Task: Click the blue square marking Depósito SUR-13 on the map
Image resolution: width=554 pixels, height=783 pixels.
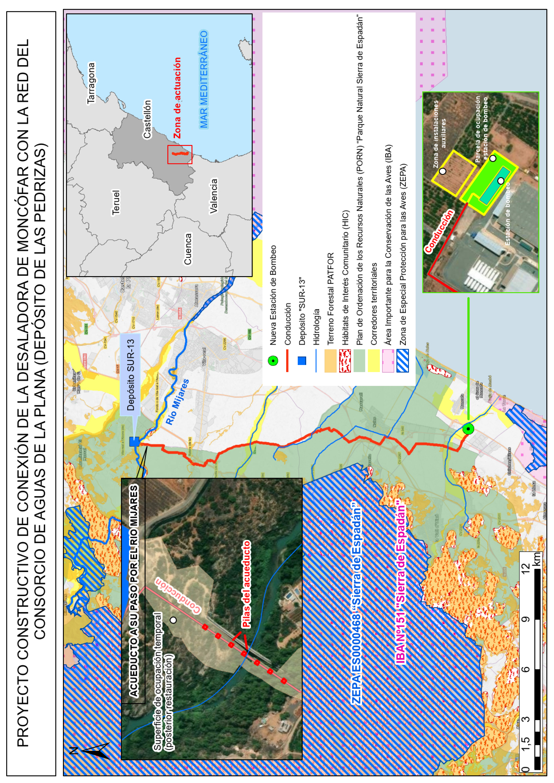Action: point(134,442)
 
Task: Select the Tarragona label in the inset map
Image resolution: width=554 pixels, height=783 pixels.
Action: point(91,83)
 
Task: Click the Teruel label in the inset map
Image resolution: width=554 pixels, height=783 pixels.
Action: point(116,202)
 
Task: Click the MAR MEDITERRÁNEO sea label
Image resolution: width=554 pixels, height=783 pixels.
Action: point(204,80)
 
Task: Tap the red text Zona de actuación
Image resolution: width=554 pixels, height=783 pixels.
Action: point(177,98)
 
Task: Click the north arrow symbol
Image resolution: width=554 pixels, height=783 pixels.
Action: point(92,750)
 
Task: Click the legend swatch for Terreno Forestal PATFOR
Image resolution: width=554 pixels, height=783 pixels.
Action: point(330,360)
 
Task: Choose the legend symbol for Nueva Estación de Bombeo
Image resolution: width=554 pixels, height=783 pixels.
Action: point(273,360)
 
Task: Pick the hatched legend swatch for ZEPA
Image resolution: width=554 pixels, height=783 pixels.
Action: point(402,360)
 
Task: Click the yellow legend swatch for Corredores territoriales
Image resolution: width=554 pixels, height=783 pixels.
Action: point(374,360)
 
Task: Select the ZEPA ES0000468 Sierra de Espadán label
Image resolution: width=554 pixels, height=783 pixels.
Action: point(356,603)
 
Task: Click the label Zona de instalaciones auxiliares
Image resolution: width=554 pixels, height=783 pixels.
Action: point(440,134)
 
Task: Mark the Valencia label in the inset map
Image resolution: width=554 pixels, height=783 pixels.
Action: point(214,196)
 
